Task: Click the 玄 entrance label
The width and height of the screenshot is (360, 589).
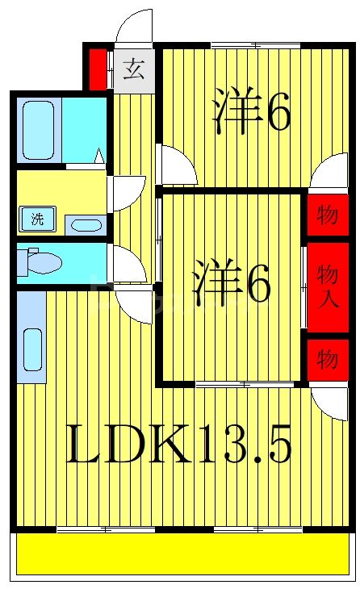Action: point(133,69)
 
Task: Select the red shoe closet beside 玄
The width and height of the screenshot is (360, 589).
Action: point(97,70)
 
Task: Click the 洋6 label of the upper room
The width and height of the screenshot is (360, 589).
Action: point(251,113)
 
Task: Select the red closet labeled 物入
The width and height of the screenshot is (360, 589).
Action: point(328,287)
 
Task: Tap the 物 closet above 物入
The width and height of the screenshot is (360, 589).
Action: point(328,216)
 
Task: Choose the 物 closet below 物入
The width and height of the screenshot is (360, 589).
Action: point(328,360)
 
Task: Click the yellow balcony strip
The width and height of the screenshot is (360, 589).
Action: point(184,556)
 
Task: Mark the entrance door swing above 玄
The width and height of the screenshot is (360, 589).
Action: point(134,27)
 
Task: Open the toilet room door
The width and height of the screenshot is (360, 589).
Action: point(128,263)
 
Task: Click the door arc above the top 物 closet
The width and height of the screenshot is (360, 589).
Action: point(329,173)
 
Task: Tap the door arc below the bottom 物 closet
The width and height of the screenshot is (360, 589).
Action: point(329,400)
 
